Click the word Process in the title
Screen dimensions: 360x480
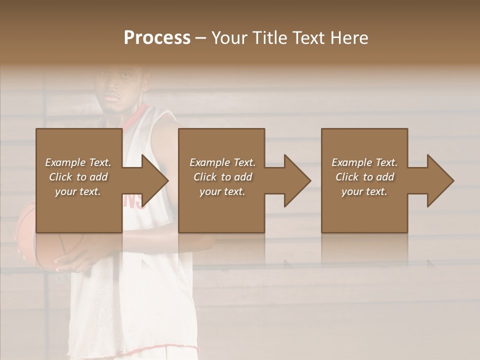point(157,38)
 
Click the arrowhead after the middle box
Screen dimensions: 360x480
point(297,180)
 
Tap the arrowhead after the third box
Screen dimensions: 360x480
point(440,180)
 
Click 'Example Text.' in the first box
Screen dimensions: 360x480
point(78,162)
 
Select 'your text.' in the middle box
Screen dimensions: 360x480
point(222,191)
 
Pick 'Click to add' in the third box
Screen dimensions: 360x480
point(364,177)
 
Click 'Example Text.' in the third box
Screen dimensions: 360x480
point(364,162)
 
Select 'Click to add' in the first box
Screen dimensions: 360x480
point(78,177)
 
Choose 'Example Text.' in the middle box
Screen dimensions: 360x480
point(222,162)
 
